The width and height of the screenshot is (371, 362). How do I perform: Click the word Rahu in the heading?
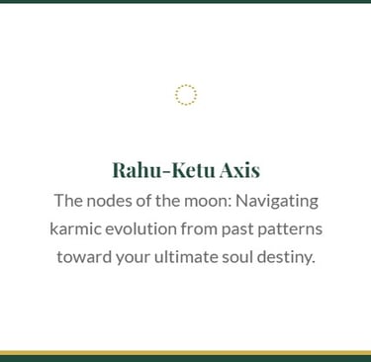(137, 170)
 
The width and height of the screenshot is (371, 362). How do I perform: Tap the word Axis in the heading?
(239, 170)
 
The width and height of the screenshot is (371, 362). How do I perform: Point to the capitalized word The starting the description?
(68, 201)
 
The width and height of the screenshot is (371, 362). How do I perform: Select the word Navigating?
(277, 202)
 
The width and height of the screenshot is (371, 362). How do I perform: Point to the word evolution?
(140, 229)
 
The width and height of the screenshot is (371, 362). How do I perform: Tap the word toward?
(84, 257)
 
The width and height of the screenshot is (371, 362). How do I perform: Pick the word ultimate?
(186, 257)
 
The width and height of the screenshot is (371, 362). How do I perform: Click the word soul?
(237, 257)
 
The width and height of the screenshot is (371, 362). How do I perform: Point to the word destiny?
(286, 258)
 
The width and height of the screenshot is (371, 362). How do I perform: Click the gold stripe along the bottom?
(185, 353)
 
